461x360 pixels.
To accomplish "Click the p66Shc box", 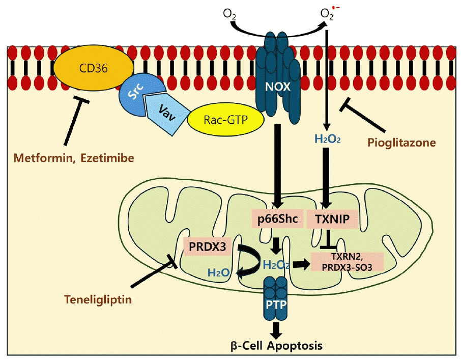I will (x=276, y=219).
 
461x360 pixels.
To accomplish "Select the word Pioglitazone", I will (x=401, y=143).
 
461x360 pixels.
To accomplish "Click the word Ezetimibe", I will (x=109, y=158).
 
